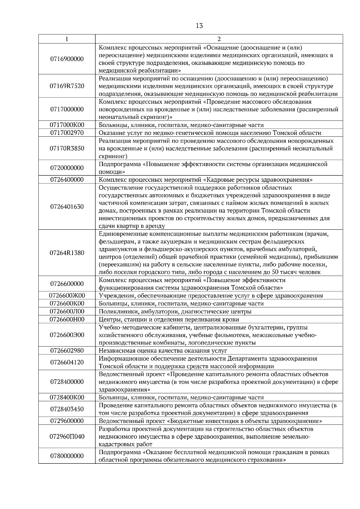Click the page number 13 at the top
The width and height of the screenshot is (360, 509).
[199, 26]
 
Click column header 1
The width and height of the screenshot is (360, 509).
[67, 39]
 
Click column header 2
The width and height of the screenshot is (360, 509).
[219, 39]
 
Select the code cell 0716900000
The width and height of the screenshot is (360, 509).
[67, 59]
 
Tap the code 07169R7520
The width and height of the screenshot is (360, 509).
[67, 86]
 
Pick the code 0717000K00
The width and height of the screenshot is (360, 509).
[67, 125]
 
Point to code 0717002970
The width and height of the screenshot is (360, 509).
[67, 133]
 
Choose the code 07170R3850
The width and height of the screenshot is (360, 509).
[67, 148]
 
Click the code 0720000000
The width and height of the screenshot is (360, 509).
[67, 168]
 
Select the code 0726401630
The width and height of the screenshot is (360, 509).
[67, 207]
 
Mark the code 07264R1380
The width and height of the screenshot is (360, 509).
[67, 253]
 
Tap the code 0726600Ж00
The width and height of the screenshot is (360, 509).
[67, 296]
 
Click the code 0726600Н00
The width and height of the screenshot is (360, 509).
[67, 319]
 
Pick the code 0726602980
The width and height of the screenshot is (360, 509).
[67, 350]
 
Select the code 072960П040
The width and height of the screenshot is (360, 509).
[67, 436]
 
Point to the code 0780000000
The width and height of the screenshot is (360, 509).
[67, 456]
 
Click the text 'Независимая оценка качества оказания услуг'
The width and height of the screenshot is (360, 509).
[163, 350]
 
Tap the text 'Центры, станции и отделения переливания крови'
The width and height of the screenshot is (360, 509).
[169, 319]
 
